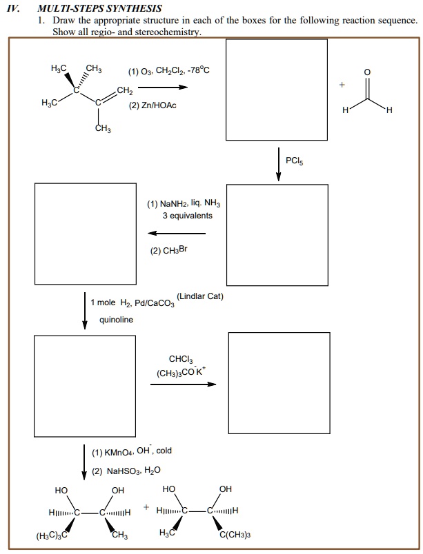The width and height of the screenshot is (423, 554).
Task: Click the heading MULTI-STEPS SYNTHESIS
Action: pos(100,9)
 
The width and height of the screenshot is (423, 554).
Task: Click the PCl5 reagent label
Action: pos(294,161)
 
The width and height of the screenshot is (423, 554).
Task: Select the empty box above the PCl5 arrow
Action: pos(277,89)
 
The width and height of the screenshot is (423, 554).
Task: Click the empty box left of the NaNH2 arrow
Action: pos(86,232)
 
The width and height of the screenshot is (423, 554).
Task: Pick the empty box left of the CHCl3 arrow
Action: pos(86,382)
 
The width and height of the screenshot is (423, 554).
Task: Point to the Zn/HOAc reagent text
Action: pos(153,105)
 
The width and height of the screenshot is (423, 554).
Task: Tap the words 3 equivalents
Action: pos(188,216)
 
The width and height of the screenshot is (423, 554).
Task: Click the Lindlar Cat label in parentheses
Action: pos(200,296)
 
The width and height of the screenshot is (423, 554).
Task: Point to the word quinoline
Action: pos(117,320)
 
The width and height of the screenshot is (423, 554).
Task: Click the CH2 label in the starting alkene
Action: pos(124,91)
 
